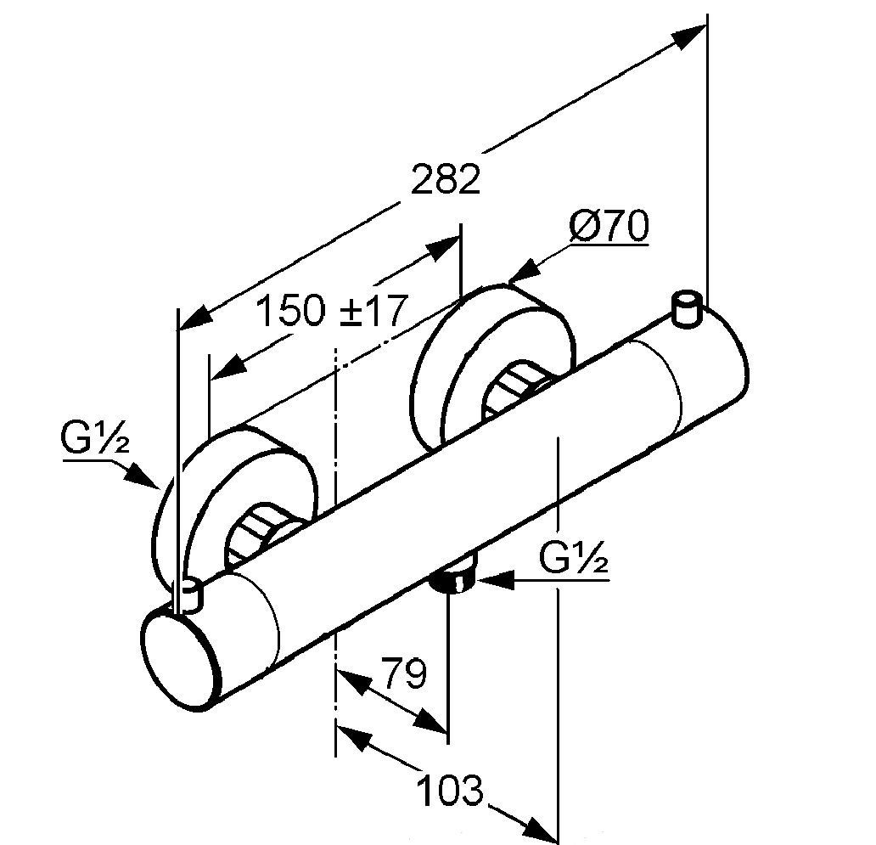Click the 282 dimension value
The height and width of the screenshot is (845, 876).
click(x=446, y=180)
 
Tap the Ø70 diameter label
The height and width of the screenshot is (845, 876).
click(x=609, y=227)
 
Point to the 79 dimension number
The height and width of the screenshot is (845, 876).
click(x=402, y=675)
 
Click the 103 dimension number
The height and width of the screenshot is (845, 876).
click(x=450, y=791)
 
